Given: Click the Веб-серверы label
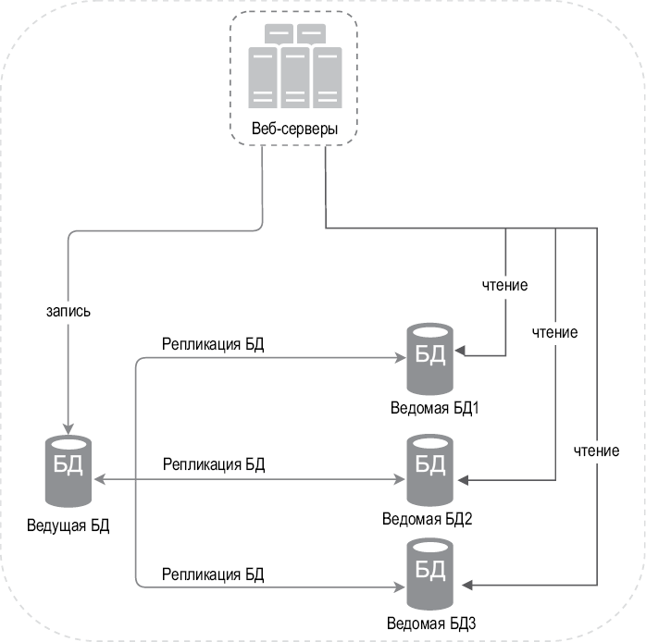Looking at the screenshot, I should click(294, 129).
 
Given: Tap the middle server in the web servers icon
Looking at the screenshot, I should click(294, 77).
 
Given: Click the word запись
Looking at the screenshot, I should click(68, 312).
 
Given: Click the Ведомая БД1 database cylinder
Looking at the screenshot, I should click(429, 356).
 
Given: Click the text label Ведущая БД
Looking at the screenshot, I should click(68, 526).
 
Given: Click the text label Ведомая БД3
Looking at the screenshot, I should click(430, 623).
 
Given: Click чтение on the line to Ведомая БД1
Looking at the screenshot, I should click(505, 285).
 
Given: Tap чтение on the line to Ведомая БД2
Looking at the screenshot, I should click(554, 331).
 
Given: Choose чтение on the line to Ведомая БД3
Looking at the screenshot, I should click(596, 451).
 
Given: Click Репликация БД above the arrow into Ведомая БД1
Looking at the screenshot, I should click(213, 345).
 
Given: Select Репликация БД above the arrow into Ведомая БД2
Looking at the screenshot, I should click(213, 464).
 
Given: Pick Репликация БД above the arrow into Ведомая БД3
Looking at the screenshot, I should click(213, 574).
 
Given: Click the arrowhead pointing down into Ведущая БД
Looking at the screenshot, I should click(68, 422).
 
